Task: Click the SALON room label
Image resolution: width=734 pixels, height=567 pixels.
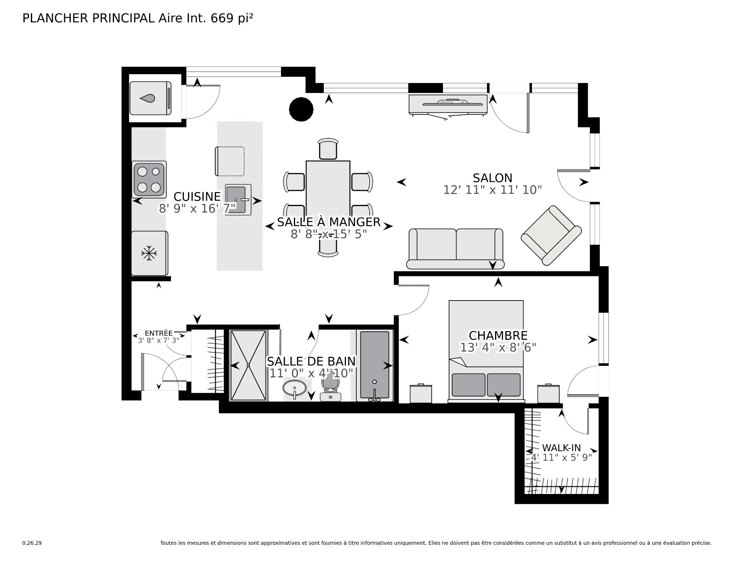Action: click(x=492, y=178)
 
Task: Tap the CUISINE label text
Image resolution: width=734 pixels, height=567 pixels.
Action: click(x=197, y=197)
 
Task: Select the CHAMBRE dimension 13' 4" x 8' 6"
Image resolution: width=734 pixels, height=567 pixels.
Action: click(x=498, y=348)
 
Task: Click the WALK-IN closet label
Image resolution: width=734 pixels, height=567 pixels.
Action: click(x=561, y=448)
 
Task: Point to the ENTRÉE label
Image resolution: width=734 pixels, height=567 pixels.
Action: click(x=159, y=333)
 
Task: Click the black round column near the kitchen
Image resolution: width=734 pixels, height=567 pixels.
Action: click(x=301, y=109)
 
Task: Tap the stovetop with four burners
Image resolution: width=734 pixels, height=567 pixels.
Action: click(x=149, y=179)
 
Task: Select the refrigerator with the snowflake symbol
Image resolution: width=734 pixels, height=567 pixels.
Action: click(x=149, y=253)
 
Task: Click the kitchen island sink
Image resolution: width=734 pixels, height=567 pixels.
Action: click(x=239, y=199)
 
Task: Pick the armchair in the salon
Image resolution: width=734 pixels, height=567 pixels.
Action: click(x=551, y=236)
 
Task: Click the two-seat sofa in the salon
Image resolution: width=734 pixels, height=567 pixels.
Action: click(x=455, y=249)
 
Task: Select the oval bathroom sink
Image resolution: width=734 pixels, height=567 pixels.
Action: click(x=295, y=388)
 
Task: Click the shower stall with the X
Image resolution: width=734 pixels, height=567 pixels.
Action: click(x=248, y=366)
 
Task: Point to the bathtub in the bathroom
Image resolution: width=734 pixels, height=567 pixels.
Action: click(x=375, y=366)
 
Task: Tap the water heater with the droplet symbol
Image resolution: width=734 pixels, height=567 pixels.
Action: click(x=151, y=98)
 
